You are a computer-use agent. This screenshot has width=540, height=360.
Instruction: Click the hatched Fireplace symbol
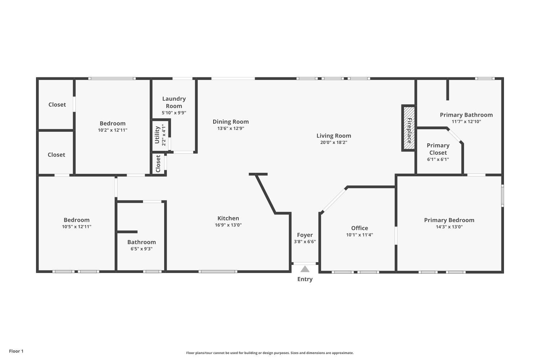coord(409,128)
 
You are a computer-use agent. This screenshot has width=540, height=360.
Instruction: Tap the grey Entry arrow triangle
coord(305,269)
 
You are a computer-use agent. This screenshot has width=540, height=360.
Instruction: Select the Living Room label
coord(334,136)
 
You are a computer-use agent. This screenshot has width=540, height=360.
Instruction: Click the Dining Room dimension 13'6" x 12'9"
coord(230,129)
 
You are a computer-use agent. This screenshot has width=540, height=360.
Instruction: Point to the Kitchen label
coord(228,218)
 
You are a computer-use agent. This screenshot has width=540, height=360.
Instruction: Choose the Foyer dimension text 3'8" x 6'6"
coord(305,242)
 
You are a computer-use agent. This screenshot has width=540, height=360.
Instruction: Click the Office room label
coord(360,228)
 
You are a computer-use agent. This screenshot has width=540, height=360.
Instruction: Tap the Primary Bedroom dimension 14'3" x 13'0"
coord(449,227)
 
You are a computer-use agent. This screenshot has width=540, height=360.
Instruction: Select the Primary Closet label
coord(438,149)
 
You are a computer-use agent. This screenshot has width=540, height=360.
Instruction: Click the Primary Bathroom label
coord(466,115)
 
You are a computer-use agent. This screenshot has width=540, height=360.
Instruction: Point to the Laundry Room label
coord(174,102)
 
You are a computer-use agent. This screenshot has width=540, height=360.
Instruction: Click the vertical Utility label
coord(157,135)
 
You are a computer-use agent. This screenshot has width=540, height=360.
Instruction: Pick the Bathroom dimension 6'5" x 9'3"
coord(141,249)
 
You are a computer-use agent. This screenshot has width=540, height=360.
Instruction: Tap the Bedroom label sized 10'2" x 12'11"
coord(113,123)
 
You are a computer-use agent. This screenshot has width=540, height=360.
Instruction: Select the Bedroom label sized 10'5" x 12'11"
coord(77,220)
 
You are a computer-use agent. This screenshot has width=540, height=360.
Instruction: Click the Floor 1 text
coord(16,351)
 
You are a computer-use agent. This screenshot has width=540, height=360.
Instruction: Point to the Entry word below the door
coord(305,279)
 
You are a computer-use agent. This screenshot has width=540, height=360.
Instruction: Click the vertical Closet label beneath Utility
coord(158,164)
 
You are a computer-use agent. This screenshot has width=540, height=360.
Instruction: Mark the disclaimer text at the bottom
coord(270,353)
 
